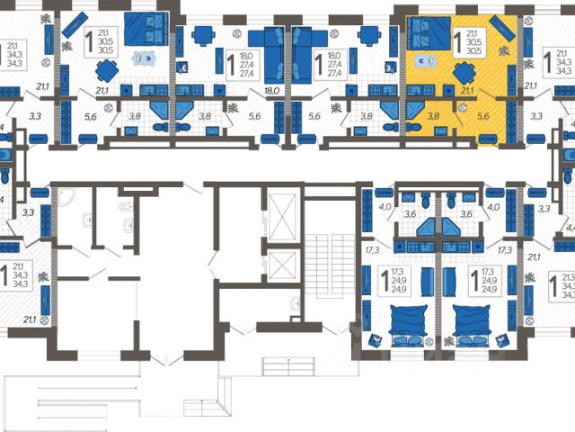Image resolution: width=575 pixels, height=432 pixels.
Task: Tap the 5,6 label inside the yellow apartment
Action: point(482,115)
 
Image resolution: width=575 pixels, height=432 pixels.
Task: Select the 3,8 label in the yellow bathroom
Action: point(432,115)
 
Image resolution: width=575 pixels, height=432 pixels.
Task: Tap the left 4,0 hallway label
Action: point(385,209)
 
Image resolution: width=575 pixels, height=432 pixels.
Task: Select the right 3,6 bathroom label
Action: point(465,214)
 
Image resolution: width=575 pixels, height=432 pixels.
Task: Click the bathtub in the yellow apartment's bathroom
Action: point(415,107)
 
